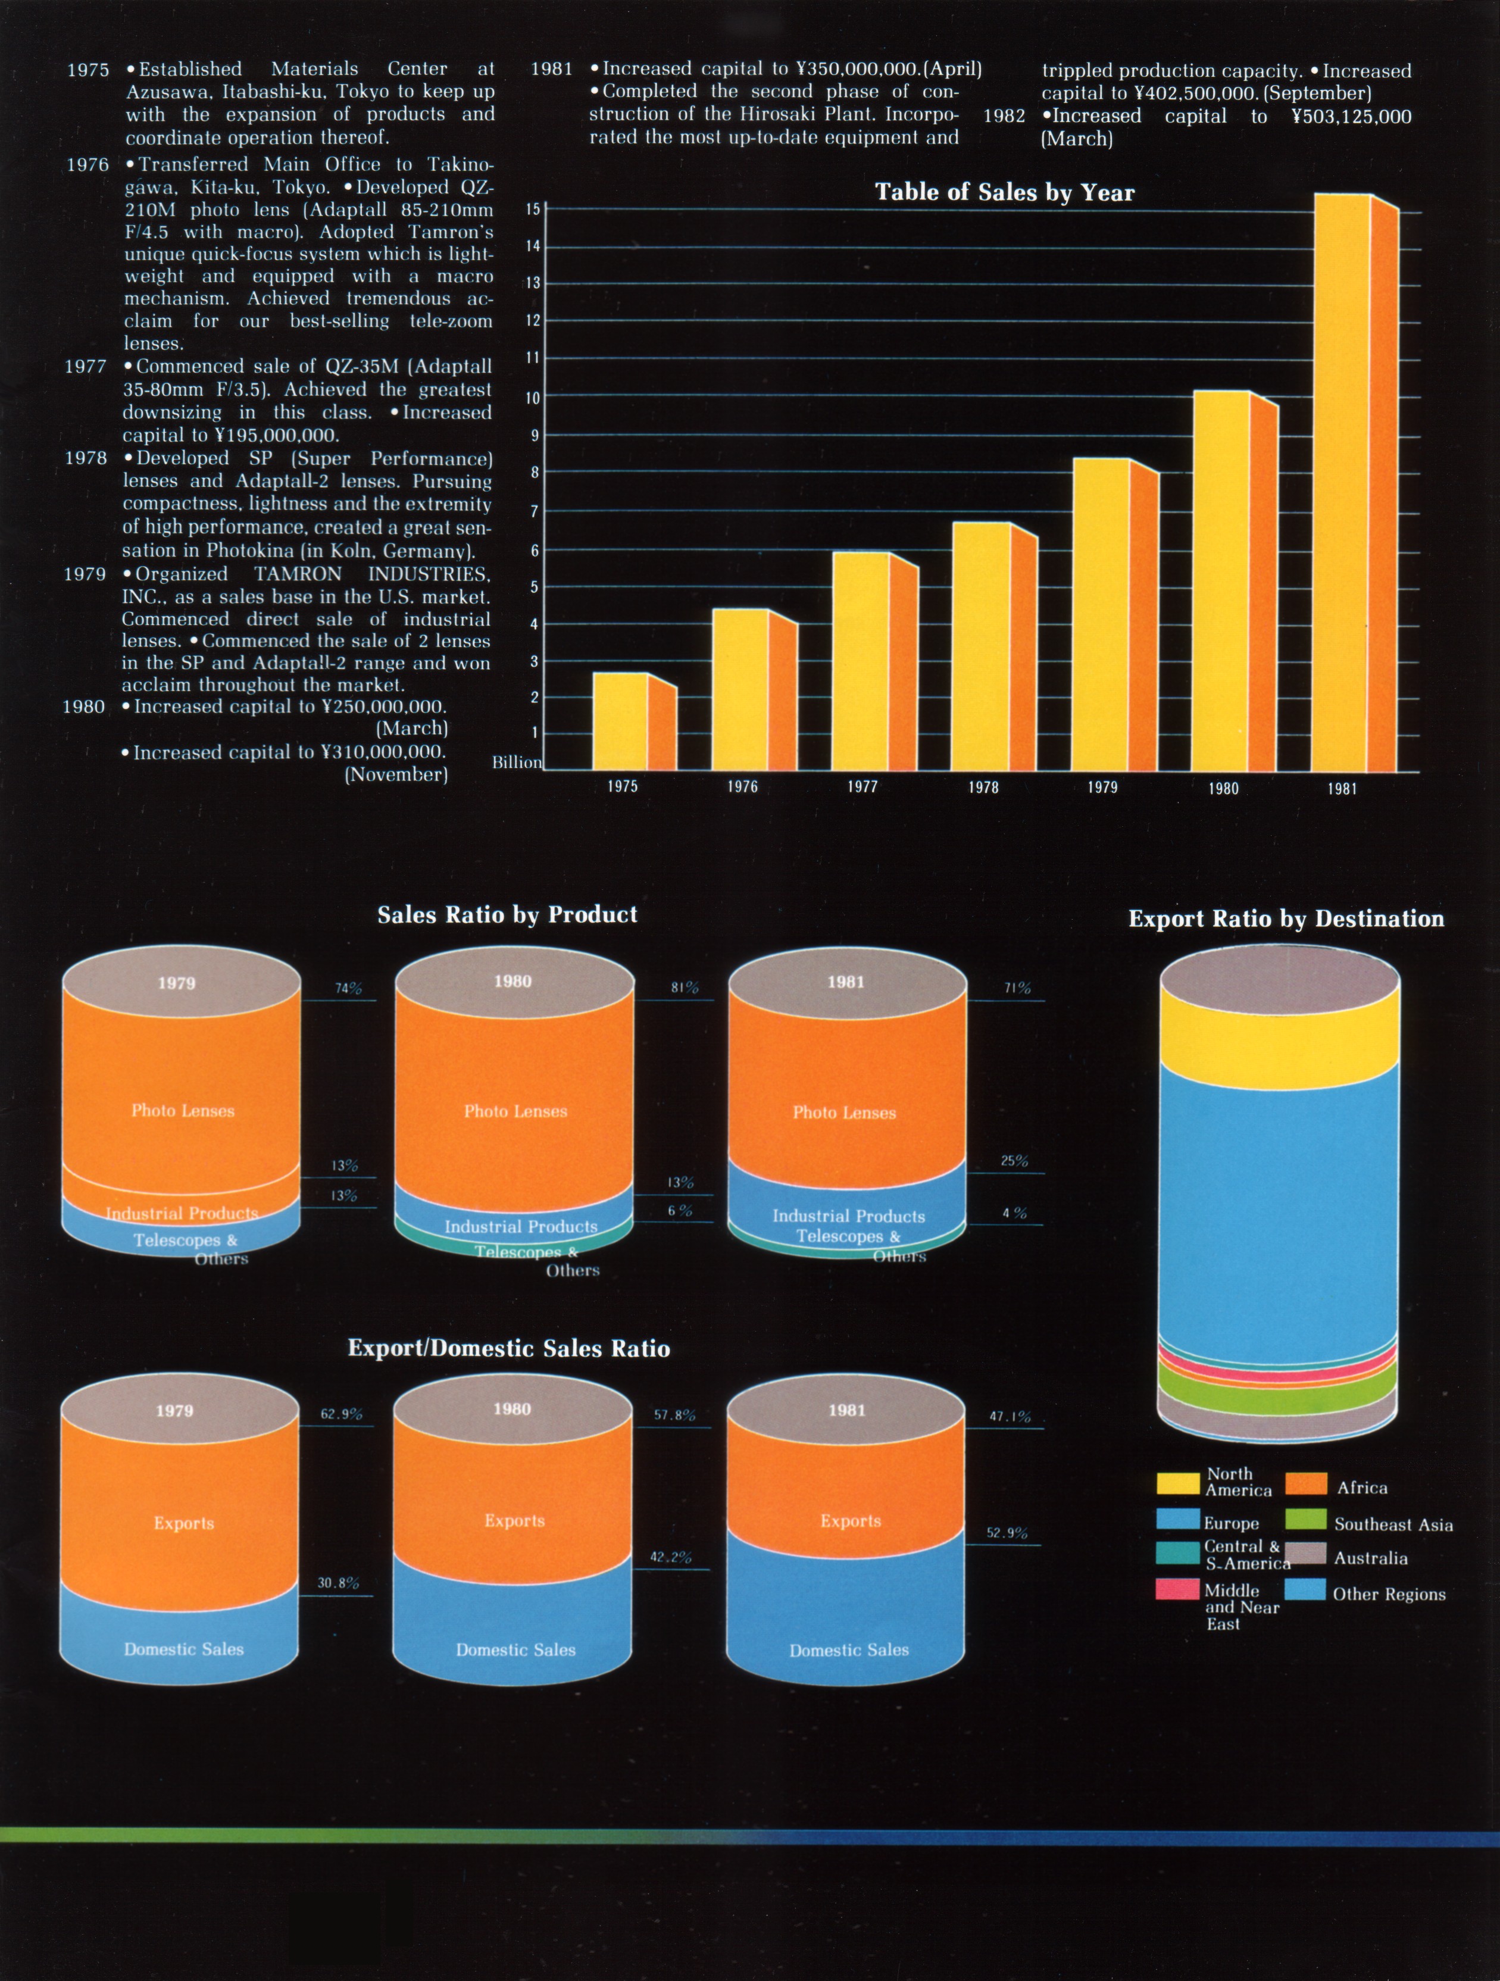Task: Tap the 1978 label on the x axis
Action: tap(982, 787)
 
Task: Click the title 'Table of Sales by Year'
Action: tap(1004, 192)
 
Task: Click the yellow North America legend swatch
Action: tap(1177, 1483)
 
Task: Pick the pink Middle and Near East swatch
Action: tap(1177, 1590)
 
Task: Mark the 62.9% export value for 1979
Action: tap(341, 1414)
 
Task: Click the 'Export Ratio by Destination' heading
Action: tap(1285, 919)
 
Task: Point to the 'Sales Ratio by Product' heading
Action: tap(507, 914)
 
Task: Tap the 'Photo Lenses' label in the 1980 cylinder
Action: tap(515, 1111)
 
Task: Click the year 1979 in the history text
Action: tap(85, 574)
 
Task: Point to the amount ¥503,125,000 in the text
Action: tap(1351, 117)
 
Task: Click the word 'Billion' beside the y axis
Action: tap(517, 762)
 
